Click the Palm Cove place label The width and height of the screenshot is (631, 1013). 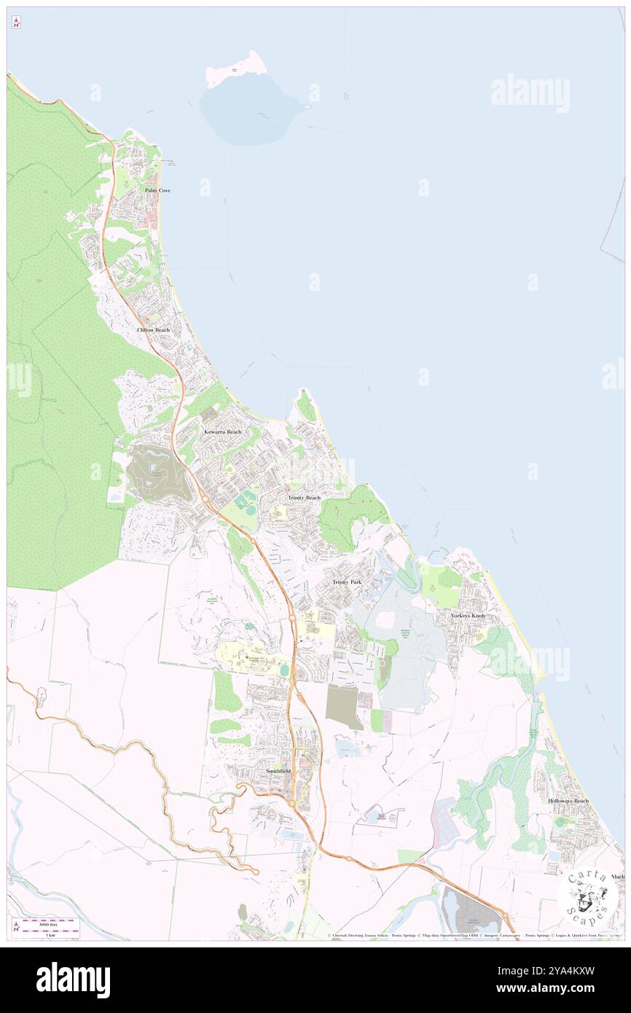(x=157, y=190)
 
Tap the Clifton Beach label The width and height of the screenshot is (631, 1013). (x=153, y=330)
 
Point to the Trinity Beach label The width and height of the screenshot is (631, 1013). (x=304, y=498)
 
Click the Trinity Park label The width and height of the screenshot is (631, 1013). (x=347, y=582)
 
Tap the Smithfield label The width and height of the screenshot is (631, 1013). (x=278, y=770)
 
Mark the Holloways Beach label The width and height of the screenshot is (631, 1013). (x=568, y=801)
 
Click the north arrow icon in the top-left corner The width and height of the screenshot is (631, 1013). (x=16, y=23)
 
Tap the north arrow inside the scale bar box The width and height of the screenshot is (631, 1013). (x=17, y=927)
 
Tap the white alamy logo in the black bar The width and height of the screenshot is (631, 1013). (x=73, y=980)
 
